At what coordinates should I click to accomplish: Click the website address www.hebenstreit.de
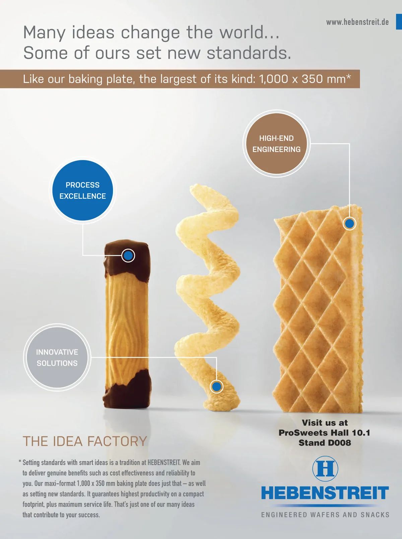[357, 22]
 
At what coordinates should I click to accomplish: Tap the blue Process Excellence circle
[82, 190]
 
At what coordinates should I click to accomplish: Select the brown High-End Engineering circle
[276, 144]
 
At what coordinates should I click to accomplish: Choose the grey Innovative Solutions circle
[57, 358]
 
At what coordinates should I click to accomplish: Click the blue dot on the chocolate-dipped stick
[128, 256]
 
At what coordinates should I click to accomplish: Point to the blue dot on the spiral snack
[217, 387]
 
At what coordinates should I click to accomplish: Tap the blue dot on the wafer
[349, 223]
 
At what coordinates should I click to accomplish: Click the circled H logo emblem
[325, 468]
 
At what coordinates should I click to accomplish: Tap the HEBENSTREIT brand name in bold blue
[325, 493]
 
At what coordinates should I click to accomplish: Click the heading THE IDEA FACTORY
[85, 441]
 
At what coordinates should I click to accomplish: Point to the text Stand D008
[325, 443]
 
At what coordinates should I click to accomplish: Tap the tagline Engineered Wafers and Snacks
[325, 515]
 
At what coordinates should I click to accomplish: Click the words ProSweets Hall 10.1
[324, 433]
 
